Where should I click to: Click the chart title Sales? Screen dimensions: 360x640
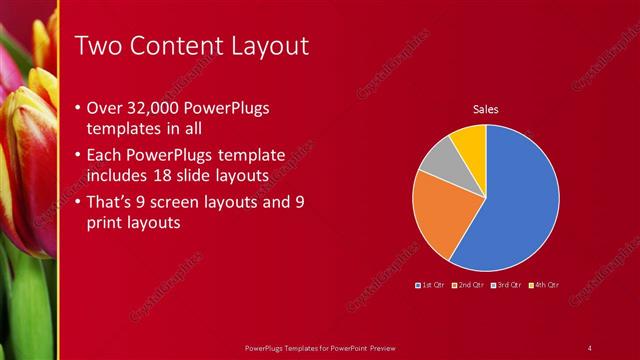485,109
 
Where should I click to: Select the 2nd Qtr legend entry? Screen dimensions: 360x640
469,285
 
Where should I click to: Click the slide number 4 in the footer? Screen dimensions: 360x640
590,347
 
